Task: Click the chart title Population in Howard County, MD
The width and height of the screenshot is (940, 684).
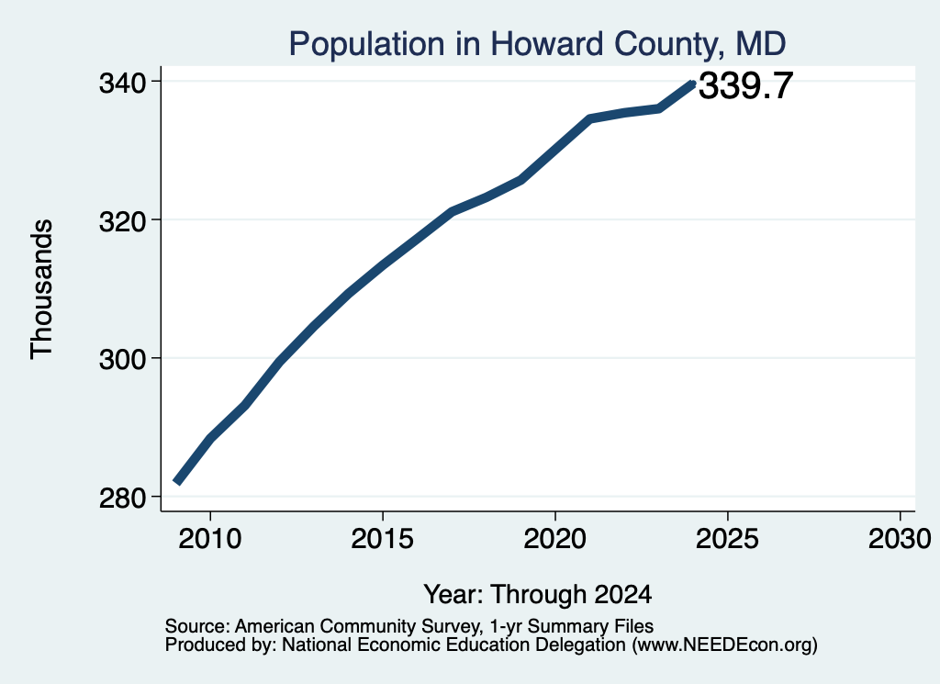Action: [x=537, y=44]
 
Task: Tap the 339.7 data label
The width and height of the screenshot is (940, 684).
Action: [x=745, y=85]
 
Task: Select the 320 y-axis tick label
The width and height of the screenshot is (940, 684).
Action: [x=122, y=222]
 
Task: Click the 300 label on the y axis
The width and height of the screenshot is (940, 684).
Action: [x=122, y=360]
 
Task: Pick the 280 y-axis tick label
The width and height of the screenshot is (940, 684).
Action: [x=122, y=499]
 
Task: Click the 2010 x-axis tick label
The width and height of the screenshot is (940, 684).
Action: [x=210, y=538]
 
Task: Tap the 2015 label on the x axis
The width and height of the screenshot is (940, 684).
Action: [x=383, y=538]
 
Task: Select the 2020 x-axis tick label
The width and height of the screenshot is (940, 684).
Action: [x=555, y=538]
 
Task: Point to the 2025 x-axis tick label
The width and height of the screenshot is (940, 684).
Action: [x=727, y=538]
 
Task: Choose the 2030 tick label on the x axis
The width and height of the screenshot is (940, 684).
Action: [x=900, y=538]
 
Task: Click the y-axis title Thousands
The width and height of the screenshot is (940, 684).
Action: [x=42, y=289]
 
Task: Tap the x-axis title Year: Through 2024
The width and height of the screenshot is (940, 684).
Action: [x=538, y=595]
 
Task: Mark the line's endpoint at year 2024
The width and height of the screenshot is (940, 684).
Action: [x=693, y=84]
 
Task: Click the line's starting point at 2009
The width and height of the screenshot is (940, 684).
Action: [x=176, y=481]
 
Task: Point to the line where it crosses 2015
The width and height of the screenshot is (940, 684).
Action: [x=383, y=264]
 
